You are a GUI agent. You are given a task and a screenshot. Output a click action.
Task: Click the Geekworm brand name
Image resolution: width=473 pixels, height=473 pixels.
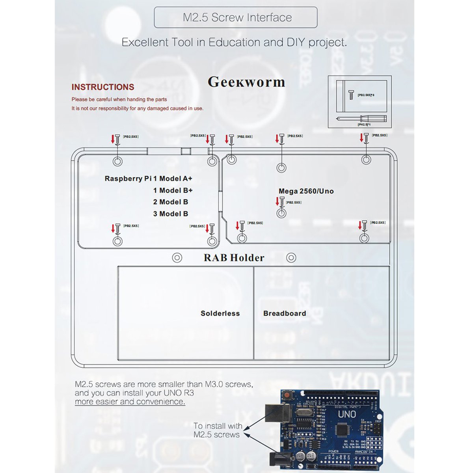coord(246,82)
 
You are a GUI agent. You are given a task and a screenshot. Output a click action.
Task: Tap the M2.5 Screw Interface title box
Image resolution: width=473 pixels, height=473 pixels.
coord(236,17)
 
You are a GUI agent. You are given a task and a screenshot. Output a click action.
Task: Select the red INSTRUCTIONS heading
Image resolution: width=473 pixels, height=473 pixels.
coord(103,87)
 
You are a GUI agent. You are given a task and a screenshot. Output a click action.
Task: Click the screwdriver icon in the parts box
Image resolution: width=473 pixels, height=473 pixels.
coord(361,118)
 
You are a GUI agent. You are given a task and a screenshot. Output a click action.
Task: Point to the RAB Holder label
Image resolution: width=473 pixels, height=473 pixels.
coord(234,258)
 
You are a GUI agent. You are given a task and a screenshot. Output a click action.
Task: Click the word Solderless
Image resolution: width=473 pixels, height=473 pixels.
coord(220,313)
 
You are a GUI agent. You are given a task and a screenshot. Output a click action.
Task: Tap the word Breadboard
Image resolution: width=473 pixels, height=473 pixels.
coord(285,313)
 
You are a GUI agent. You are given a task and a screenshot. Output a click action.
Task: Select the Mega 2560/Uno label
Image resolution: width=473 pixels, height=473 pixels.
coord(306,191)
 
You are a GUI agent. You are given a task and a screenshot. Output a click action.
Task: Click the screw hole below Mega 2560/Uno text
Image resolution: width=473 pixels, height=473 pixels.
coord(281,213)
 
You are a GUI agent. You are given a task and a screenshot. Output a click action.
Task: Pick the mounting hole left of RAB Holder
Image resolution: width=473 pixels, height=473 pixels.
coord(177,258)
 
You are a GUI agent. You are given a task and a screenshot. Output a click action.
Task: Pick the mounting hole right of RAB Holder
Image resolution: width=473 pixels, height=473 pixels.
coord(291,258)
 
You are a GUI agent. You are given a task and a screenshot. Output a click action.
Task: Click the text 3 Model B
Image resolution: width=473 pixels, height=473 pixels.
coord(171,214)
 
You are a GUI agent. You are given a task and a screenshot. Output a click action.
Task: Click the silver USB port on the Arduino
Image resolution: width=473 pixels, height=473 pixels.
coord(277,414)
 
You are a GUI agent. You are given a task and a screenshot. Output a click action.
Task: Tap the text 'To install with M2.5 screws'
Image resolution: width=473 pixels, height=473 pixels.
coord(217,430)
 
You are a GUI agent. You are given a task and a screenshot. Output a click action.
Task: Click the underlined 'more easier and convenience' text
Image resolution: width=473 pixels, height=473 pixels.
coord(130,402)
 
